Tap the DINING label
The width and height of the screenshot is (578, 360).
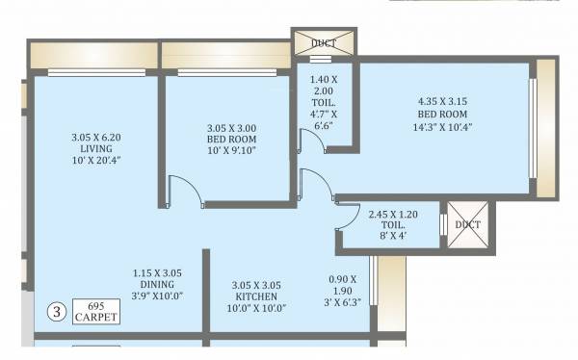158,286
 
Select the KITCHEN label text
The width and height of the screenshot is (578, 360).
256,297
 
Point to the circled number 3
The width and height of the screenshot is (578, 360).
57,311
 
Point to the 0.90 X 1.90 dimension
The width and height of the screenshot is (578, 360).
342,286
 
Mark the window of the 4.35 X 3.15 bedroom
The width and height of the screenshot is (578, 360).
533,120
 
